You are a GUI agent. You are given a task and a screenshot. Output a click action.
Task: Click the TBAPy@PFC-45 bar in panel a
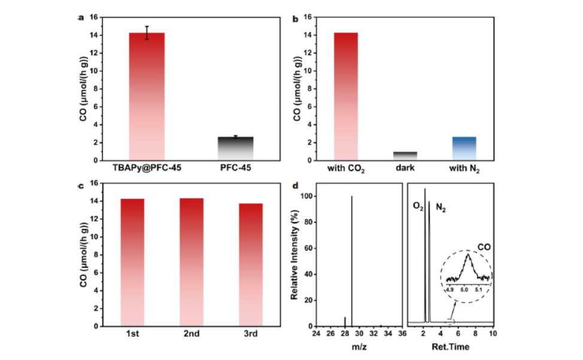147,96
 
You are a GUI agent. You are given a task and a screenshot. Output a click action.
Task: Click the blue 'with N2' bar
464,149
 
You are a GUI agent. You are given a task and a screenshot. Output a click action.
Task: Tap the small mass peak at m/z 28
344,322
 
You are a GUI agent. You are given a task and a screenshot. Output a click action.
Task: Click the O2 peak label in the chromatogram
418,207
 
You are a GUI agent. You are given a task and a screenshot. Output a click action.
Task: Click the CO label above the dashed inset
484,246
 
